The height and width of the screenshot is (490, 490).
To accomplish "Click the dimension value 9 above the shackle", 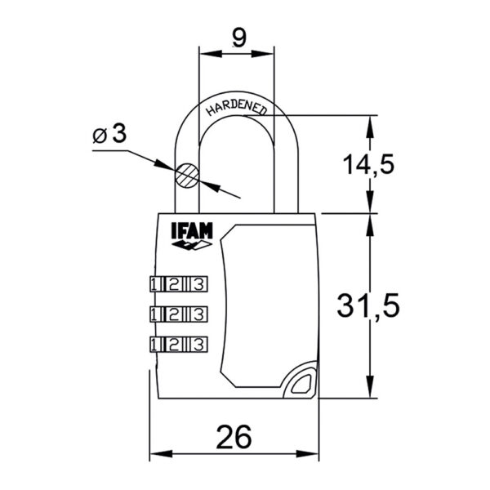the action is (239, 38).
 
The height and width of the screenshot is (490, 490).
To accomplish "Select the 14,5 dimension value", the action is (369, 164).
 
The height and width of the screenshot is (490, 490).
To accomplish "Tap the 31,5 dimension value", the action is (368, 305).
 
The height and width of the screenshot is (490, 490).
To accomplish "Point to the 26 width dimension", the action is (234, 437).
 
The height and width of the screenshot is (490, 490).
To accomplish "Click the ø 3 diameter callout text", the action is (109, 134).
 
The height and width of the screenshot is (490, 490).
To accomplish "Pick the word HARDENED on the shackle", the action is (237, 107).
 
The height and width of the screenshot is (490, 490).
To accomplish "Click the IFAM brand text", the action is (192, 231).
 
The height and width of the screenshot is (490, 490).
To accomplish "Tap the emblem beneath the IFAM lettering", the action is (192, 245).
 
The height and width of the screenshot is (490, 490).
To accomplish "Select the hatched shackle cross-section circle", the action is (187, 176).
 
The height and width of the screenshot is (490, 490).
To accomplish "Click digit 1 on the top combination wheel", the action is (154, 284).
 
